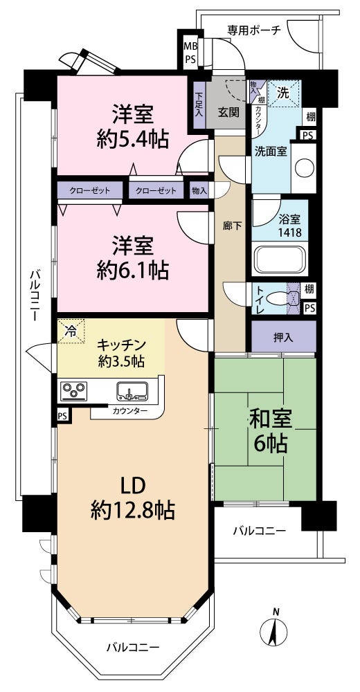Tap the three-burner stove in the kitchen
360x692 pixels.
tap(74, 390)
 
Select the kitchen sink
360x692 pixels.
tap(132, 390)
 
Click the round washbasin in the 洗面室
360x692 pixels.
tap(305, 168)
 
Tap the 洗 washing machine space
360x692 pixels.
tap(284, 93)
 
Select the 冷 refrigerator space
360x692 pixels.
tap(71, 331)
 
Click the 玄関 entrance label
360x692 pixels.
tap(228, 113)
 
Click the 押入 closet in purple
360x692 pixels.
tap(284, 337)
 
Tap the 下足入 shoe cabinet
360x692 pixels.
tap(199, 105)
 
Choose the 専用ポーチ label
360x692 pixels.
tap(254, 30)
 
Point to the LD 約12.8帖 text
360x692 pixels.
tap(132, 498)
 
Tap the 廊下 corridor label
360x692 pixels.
tap(231, 226)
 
